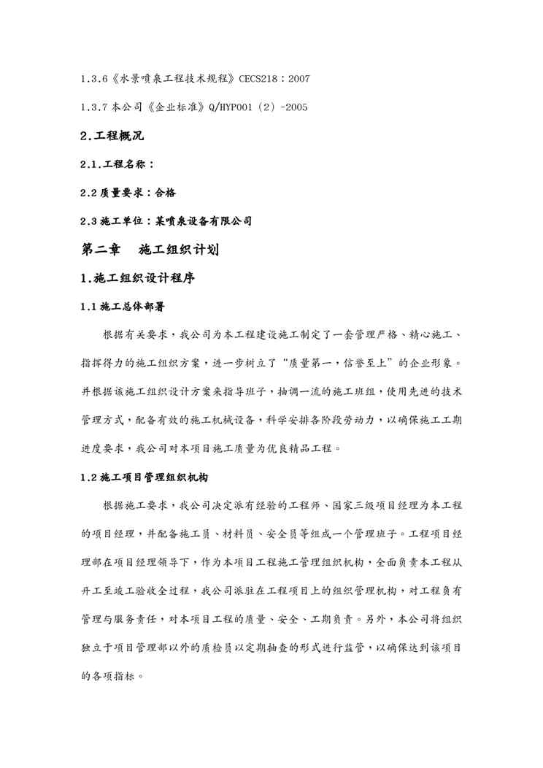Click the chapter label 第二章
click(101, 250)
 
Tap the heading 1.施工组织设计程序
click(137, 279)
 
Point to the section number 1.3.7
click(97, 107)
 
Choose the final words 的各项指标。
click(112, 677)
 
